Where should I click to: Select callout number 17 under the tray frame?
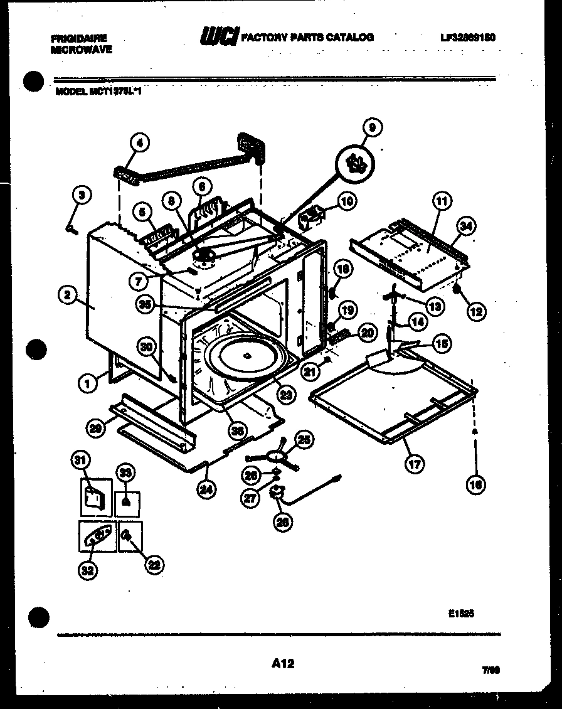tap(414, 464)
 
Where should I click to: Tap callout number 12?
tap(477, 310)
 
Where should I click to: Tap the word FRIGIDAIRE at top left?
tap(79, 38)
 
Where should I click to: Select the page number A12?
tap(284, 663)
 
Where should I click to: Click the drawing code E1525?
tap(461, 615)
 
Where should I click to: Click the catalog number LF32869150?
tap(467, 38)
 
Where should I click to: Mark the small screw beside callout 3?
tap(70, 229)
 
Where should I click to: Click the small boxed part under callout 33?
tap(128, 503)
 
